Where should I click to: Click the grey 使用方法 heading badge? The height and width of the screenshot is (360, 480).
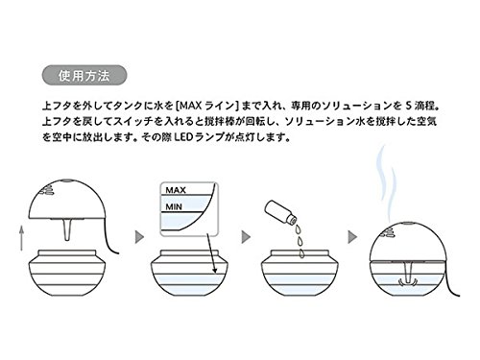coord(84,75)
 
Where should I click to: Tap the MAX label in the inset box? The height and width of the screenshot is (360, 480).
coord(176,190)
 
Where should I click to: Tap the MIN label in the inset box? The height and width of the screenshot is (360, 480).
coord(174,206)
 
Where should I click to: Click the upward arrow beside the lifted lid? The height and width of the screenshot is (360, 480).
coord(21,238)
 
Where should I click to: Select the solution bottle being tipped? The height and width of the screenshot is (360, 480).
coord(280,212)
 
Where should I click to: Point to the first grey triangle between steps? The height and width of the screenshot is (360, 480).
coord(139,237)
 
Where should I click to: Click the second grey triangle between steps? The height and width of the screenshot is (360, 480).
coord(246,237)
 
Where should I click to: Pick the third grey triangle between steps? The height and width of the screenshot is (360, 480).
coord(352,237)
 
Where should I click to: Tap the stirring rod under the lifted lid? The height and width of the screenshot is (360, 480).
coord(66,229)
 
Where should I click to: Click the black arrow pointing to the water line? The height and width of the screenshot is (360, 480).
coord(212,253)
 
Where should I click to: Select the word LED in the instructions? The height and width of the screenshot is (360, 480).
coord(183,137)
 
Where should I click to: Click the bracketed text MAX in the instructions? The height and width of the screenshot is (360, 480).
coord(190,106)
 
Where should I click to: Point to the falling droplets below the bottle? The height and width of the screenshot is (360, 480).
coord(300,241)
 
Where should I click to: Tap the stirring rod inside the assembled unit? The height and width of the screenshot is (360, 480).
coord(408,274)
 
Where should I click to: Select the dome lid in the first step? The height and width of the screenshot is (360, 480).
coord(66,199)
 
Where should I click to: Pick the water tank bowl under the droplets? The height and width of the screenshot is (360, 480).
coord(300,273)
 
